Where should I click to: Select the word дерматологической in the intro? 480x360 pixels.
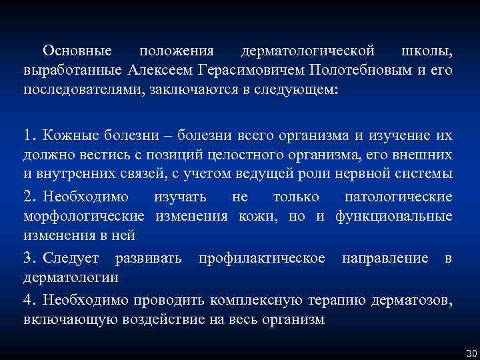point(309,51)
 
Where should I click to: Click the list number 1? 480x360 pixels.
point(29,136)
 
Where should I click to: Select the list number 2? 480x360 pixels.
point(29,197)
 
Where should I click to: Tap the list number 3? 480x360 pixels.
point(29,258)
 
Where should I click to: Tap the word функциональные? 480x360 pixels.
point(394,216)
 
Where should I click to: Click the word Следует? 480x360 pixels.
point(71,258)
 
